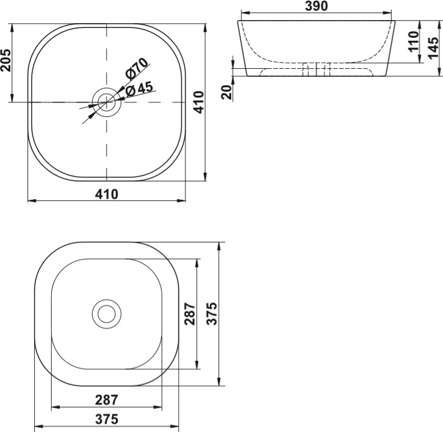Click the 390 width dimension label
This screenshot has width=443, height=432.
pos(316,6)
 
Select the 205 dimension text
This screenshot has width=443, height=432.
pos(5,60)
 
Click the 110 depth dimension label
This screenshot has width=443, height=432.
pos(413,41)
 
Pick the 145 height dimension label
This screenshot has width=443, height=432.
pos(434,48)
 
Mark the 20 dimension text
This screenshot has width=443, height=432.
pos(227,92)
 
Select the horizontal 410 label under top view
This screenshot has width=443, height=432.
pos(107,194)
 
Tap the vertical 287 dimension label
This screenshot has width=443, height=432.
pos(190,314)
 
